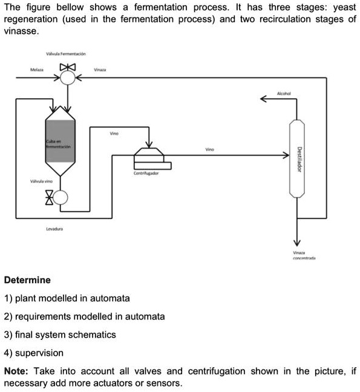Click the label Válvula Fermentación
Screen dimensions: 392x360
click(x=69, y=54)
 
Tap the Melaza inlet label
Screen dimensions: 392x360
click(x=37, y=70)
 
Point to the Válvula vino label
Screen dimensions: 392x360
click(x=41, y=181)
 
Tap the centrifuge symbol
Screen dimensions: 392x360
click(x=151, y=158)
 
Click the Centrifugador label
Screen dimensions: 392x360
click(x=146, y=173)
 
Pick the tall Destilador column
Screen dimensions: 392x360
click(x=296, y=158)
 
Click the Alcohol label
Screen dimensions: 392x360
click(x=284, y=93)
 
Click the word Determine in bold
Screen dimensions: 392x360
click(x=27, y=280)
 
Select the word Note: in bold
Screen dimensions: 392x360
click(x=18, y=370)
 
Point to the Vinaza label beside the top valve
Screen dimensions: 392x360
click(x=100, y=70)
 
